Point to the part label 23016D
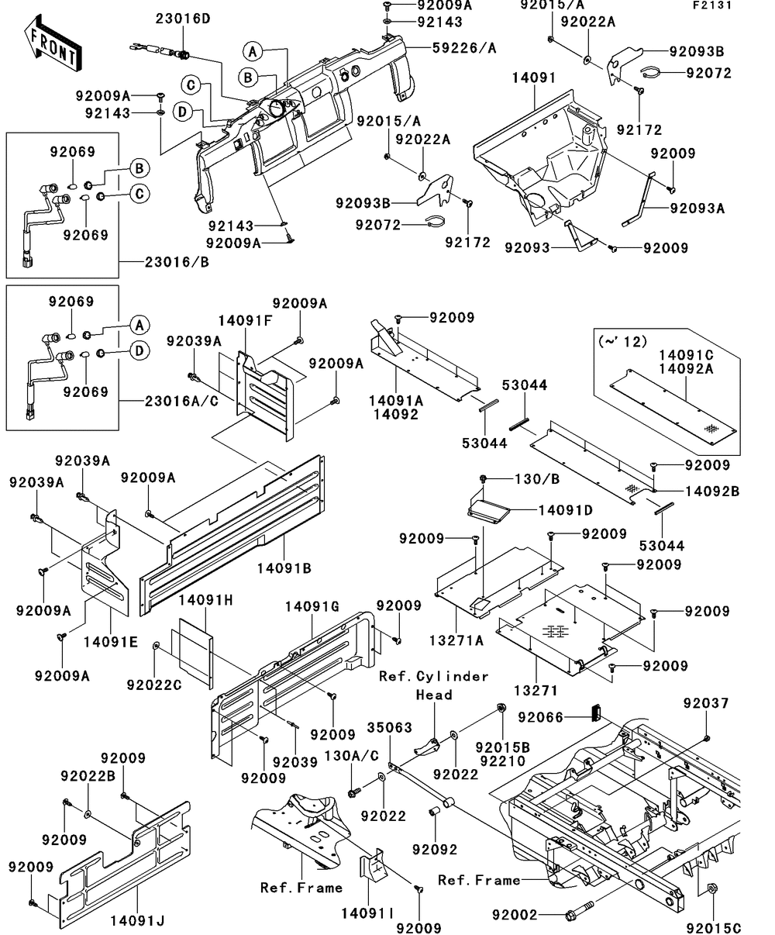183,18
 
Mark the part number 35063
391,728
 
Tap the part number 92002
515,916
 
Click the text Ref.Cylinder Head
434,685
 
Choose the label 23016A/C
179,402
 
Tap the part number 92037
705,703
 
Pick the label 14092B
711,491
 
